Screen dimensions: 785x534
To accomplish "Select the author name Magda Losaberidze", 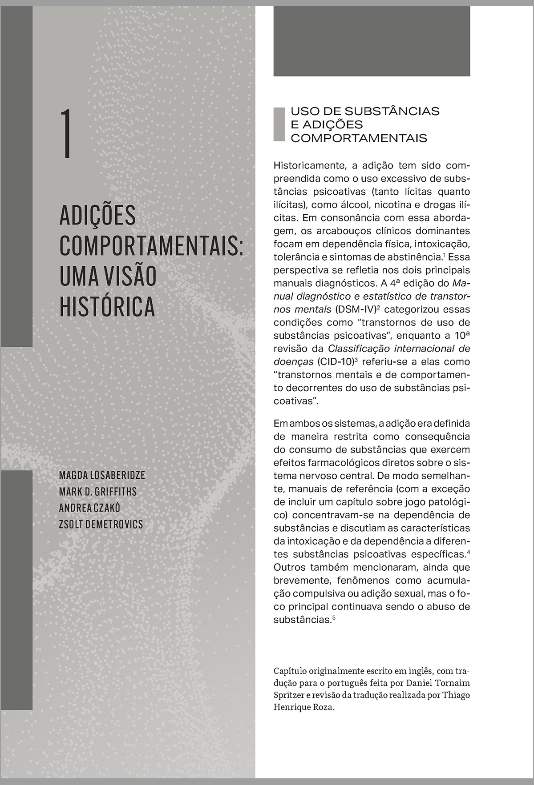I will click(x=102, y=475).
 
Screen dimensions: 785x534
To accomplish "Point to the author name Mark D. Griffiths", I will click(x=97, y=492).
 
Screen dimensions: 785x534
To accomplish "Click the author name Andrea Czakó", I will click(x=89, y=508).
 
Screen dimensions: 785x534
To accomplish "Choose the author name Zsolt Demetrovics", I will click(x=101, y=525).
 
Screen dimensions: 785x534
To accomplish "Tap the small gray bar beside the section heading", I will click(x=279, y=124).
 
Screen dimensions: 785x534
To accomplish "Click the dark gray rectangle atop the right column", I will click(x=372, y=41).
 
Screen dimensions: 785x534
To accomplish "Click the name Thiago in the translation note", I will click(x=456, y=695).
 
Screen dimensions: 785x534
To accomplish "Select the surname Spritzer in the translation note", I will click(x=288, y=695).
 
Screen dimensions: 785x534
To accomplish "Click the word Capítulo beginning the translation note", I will click(x=292, y=670).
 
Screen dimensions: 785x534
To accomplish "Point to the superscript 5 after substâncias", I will click(x=333, y=617).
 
